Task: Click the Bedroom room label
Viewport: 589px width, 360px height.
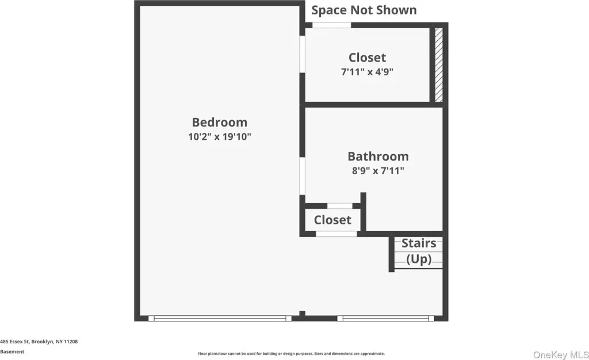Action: (x=220, y=122)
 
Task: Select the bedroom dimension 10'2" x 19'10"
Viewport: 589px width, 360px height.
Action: (x=220, y=137)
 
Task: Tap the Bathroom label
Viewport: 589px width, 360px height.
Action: (x=378, y=156)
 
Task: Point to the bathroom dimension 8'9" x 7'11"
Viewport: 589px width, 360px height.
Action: (x=378, y=171)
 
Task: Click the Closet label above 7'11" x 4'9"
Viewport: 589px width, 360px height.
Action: (x=367, y=58)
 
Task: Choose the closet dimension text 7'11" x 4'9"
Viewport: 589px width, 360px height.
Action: (x=367, y=72)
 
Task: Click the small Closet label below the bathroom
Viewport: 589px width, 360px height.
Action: (x=332, y=220)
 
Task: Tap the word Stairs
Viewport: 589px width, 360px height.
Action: (x=419, y=243)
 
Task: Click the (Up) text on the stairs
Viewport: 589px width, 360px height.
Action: (x=419, y=259)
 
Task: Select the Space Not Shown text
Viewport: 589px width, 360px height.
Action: (x=364, y=10)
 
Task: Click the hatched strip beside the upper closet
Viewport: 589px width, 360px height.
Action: (x=439, y=64)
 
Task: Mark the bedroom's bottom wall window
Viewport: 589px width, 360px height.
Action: (x=220, y=319)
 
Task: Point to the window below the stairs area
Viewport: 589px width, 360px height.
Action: (x=386, y=319)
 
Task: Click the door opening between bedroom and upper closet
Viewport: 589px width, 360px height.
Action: (x=302, y=54)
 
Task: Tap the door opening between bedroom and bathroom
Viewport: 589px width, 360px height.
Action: (x=302, y=176)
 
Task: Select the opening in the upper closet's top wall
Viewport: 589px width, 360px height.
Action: (x=332, y=25)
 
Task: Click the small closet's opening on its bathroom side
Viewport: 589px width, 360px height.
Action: (x=340, y=206)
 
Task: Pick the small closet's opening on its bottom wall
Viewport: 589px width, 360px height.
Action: (x=336, y=234)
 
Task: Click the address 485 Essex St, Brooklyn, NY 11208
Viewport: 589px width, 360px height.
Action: (x=39, y=342)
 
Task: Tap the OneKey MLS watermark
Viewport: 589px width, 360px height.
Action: (x=561, y=354)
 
